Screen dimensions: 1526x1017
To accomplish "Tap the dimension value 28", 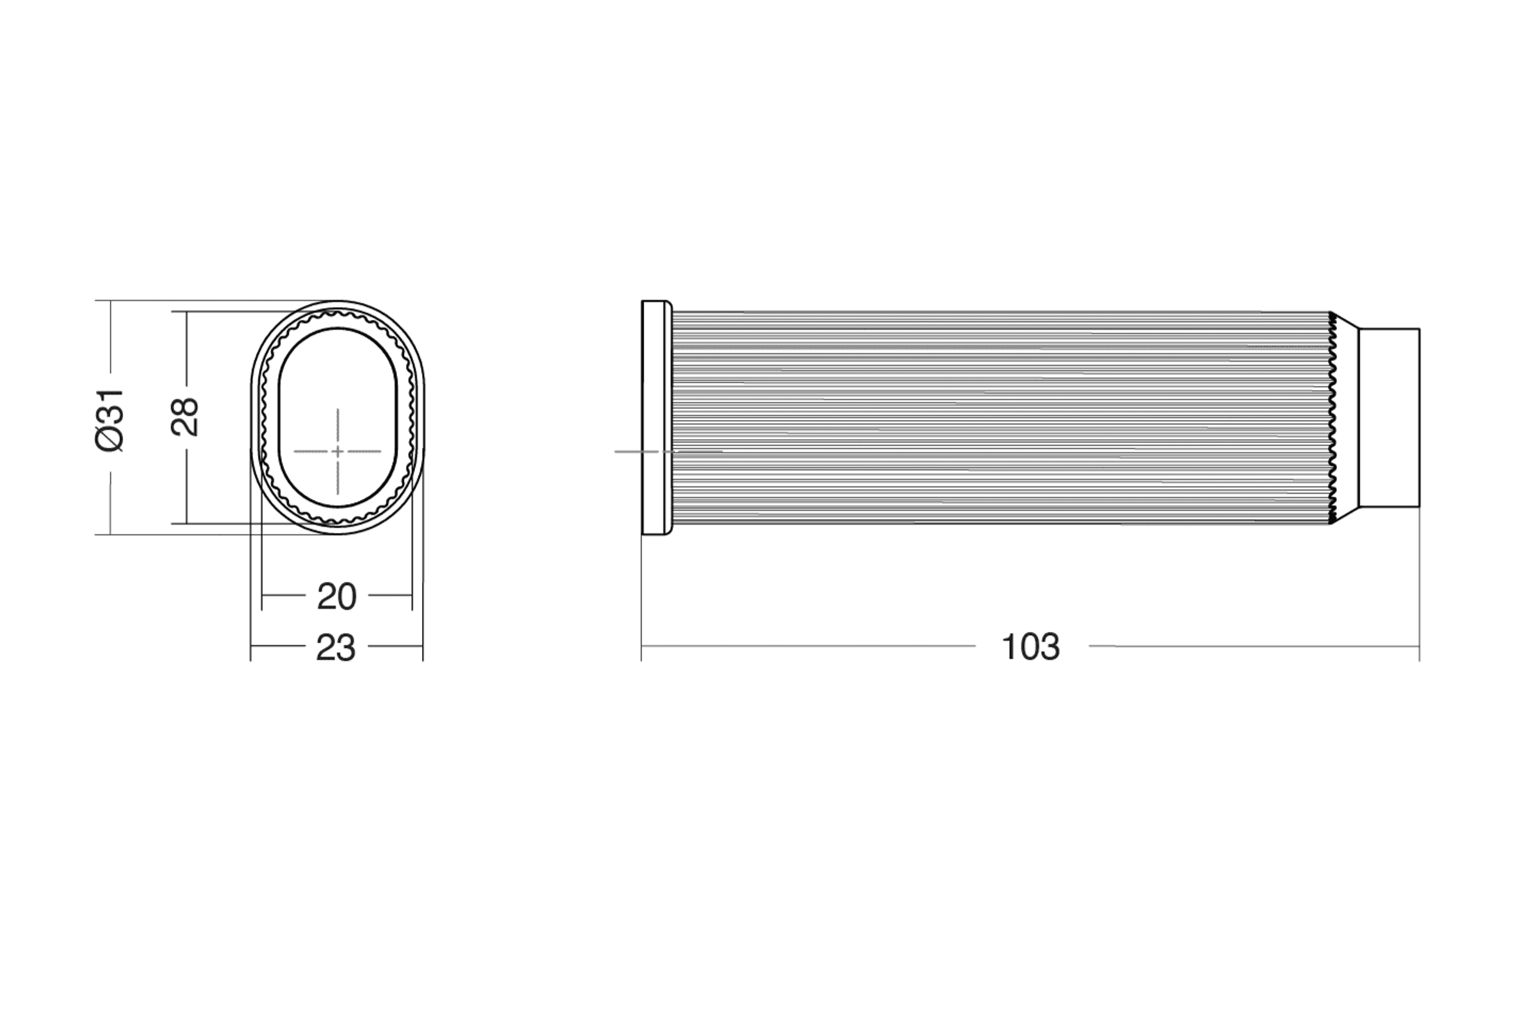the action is [x=185, y=416].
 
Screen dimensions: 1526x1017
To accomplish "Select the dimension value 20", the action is [x=337, y=596].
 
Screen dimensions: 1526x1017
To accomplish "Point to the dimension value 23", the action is [x=336, y=648].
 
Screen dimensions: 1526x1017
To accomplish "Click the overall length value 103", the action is [x=1031, y=646].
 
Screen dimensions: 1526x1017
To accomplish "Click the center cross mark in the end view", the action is [x=337, y=451].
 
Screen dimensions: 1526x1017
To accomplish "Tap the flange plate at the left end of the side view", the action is [x=657, y=418].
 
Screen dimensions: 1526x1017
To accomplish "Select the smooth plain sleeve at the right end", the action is [x=1389, y=418].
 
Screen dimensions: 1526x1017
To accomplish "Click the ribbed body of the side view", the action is [x=1002, y=418].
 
